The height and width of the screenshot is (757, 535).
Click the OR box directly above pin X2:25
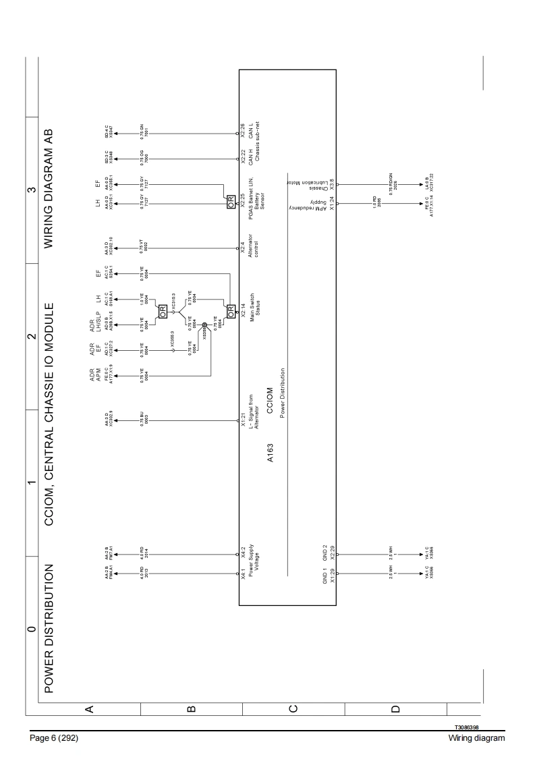[231, 206]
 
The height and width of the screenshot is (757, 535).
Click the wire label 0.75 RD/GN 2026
[392, 182]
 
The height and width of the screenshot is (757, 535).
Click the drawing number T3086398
[470, 727]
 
